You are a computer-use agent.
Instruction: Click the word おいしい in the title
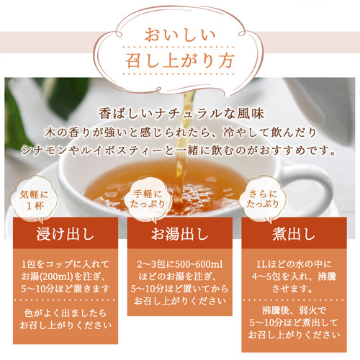click(x=180, y=35)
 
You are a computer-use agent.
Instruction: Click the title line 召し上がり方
click(x=180, y=60)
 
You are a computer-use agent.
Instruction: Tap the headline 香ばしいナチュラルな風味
click(x=181, y=114)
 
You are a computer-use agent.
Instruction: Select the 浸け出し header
click(x=66, y=234)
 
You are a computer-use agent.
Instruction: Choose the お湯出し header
click(x=179, y=234)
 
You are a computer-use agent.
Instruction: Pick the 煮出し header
click(x=294, y=234)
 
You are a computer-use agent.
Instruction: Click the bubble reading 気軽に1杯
click(x=34, y=199)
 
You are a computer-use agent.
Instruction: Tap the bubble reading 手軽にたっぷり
click(x=148, y=199)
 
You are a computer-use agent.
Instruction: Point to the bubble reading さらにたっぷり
click(x=263, y=199)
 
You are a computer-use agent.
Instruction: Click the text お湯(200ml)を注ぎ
click(x=63, y=276)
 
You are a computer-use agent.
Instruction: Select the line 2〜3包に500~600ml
click(x=180, y=264)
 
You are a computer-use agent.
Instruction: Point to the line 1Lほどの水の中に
click(x=294, y=264)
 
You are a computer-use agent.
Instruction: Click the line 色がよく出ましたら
click(x=66, y=313)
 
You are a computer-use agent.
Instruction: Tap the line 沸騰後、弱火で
click(x=294, y=310)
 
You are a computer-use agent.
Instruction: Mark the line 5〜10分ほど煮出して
click(x=294, y=323)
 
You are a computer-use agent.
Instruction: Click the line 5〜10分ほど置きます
click(x=66, y=289)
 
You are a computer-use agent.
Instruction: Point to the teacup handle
click(x=322, y=189)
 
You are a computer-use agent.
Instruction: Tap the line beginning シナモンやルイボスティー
click(x=179, y=150)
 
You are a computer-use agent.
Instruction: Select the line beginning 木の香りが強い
click(x=181, y=132)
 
